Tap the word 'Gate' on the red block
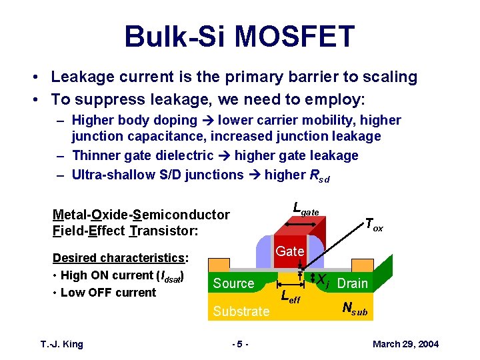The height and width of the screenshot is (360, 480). [290, 251]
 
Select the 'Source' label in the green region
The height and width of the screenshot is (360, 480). [233, 283]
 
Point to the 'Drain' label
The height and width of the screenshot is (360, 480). [352, 283]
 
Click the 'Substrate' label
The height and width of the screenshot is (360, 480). [241, 311]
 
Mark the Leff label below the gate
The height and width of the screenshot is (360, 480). [291, 297]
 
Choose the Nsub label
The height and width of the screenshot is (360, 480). [353, 309]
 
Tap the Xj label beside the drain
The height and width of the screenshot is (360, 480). [323, 280]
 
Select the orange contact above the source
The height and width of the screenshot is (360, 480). [221, 265]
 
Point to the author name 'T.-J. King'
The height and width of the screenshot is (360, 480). [61, 344]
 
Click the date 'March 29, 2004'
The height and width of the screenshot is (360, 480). [405, 344]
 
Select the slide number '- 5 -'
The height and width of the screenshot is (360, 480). [239, 344]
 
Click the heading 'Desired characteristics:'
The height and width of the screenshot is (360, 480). [120, 258]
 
